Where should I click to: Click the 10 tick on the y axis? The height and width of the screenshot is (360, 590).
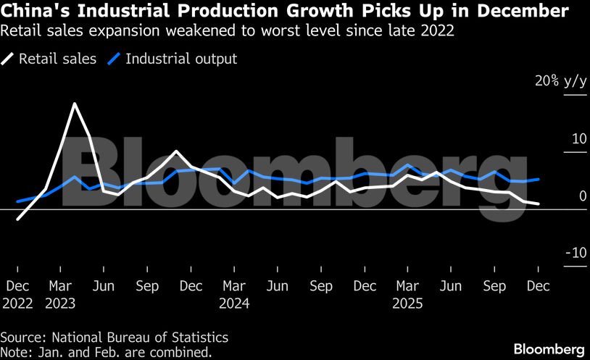578,138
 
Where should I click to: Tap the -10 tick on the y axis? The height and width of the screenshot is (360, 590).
576,253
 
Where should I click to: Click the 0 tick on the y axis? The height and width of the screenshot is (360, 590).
582,196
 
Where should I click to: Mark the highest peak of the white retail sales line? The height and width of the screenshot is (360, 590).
74,104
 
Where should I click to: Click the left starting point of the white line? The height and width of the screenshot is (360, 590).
17,218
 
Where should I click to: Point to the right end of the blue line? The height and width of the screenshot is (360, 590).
538,178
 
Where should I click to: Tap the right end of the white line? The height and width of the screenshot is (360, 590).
538,204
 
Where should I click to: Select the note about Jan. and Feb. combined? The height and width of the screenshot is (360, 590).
106,352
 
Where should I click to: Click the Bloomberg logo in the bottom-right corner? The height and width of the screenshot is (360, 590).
549,348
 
